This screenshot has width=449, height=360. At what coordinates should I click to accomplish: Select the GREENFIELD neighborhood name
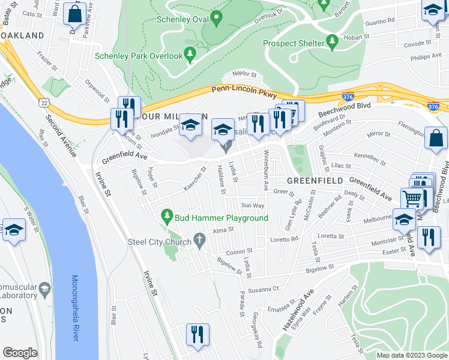314,180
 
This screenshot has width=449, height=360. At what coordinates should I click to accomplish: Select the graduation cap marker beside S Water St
13,229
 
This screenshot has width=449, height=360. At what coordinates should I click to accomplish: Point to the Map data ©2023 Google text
412,355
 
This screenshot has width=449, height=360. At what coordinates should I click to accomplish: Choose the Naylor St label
244,76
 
